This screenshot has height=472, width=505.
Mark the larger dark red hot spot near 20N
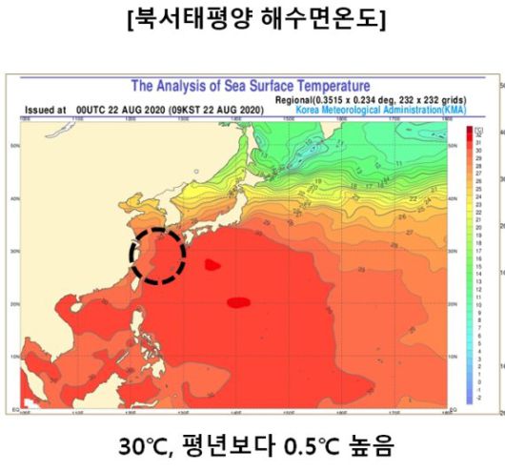tap(238, 302)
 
